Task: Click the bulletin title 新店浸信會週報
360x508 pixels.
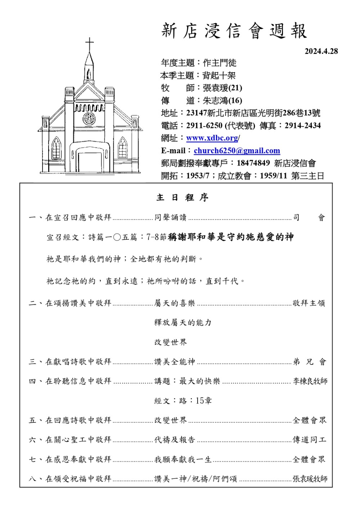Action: [234, 31]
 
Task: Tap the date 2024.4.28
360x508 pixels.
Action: [321, 51]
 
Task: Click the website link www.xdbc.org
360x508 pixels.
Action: [212, 138]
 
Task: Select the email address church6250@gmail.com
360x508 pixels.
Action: [237, 151]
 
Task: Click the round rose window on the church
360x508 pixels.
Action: [89, 118]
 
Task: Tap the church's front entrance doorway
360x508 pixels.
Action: [90, 163]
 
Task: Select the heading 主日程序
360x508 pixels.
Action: [182, 197]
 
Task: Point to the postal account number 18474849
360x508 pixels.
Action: [253, 163]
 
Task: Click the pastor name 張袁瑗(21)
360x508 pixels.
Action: [222, 88]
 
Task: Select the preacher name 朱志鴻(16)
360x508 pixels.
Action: [222, 100]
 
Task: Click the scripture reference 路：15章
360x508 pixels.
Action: [183, 400]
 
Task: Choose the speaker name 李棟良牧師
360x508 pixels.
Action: [310, 381]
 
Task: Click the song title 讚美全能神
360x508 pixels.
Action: [175, 362]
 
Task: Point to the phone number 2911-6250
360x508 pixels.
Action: [204, 126]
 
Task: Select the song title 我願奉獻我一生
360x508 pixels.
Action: [183, 459]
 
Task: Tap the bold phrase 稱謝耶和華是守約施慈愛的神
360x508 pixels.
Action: [231, 237]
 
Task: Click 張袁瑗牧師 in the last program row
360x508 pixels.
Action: [310, 479]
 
